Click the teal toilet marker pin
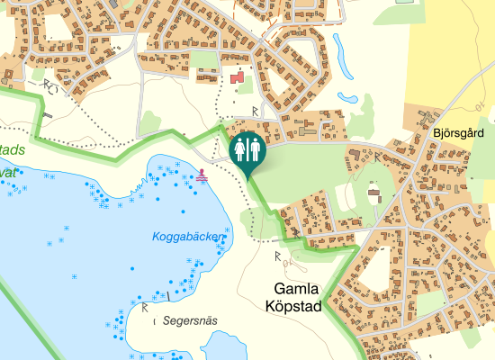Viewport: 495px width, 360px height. [x=247, y=149]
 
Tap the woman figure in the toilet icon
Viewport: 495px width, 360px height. [x=240, y=148]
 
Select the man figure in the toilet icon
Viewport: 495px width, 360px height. [x=254, y=148]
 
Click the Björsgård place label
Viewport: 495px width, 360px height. [x=458, y=133]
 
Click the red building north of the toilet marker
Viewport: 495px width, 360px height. [x=238, y=80]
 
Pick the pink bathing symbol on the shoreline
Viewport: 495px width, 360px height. [x=202, y=175]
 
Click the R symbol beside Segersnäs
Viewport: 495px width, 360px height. [x=144, y=308]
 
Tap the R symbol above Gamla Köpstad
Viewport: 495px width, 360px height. [x=276, y=256]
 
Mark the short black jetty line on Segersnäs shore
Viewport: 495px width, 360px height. [x=167, y=296]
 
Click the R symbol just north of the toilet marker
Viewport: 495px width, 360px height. [x=255, y=111]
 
